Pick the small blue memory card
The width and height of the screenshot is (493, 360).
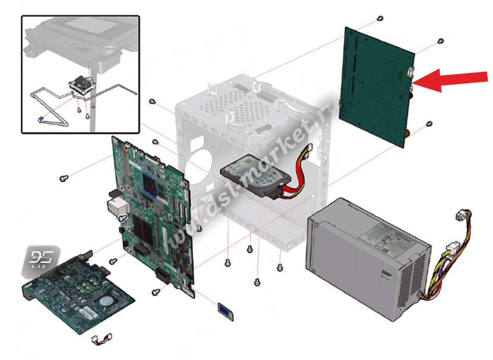[225, 309]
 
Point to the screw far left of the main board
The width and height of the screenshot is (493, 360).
[62, 178]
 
